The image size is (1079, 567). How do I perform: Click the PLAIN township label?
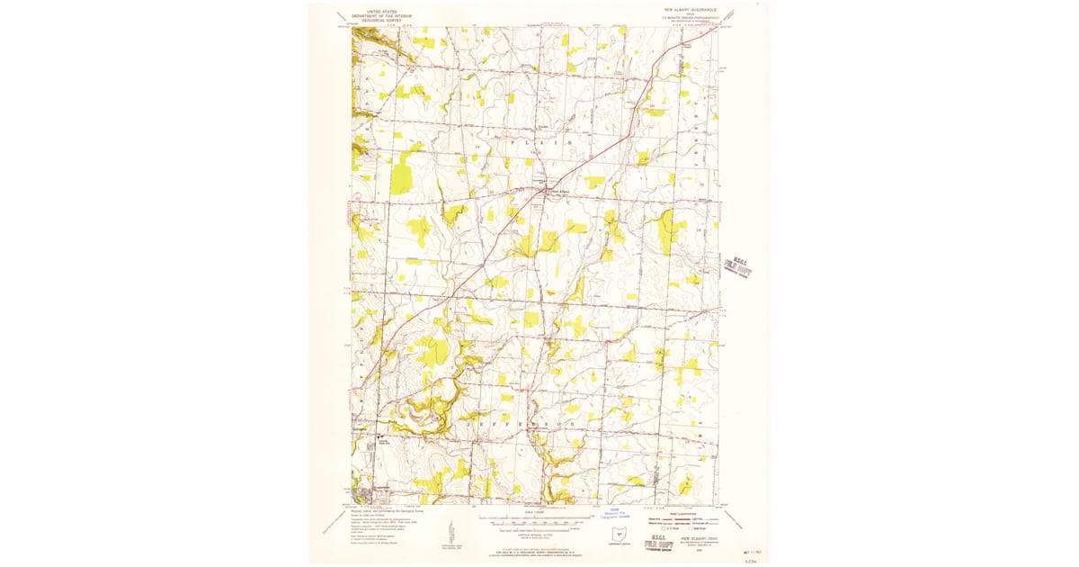coord(540,142)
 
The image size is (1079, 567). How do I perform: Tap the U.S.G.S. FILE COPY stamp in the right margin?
coord(737,267)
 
